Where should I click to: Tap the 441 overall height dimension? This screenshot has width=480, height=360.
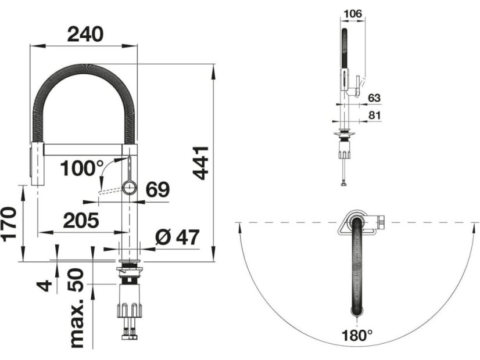coord(200,163)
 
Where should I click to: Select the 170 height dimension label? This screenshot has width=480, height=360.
coord(9,224)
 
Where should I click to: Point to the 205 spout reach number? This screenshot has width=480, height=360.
coord(81,220)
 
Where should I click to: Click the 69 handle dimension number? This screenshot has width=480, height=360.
coord(157,190)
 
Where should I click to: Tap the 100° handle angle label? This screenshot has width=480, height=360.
coord(82,168)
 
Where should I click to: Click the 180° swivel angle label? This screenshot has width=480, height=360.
coord(357,335)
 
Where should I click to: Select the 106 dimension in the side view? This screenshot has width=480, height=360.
coord(353,14)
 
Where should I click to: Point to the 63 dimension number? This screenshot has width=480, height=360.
coord(374,98)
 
